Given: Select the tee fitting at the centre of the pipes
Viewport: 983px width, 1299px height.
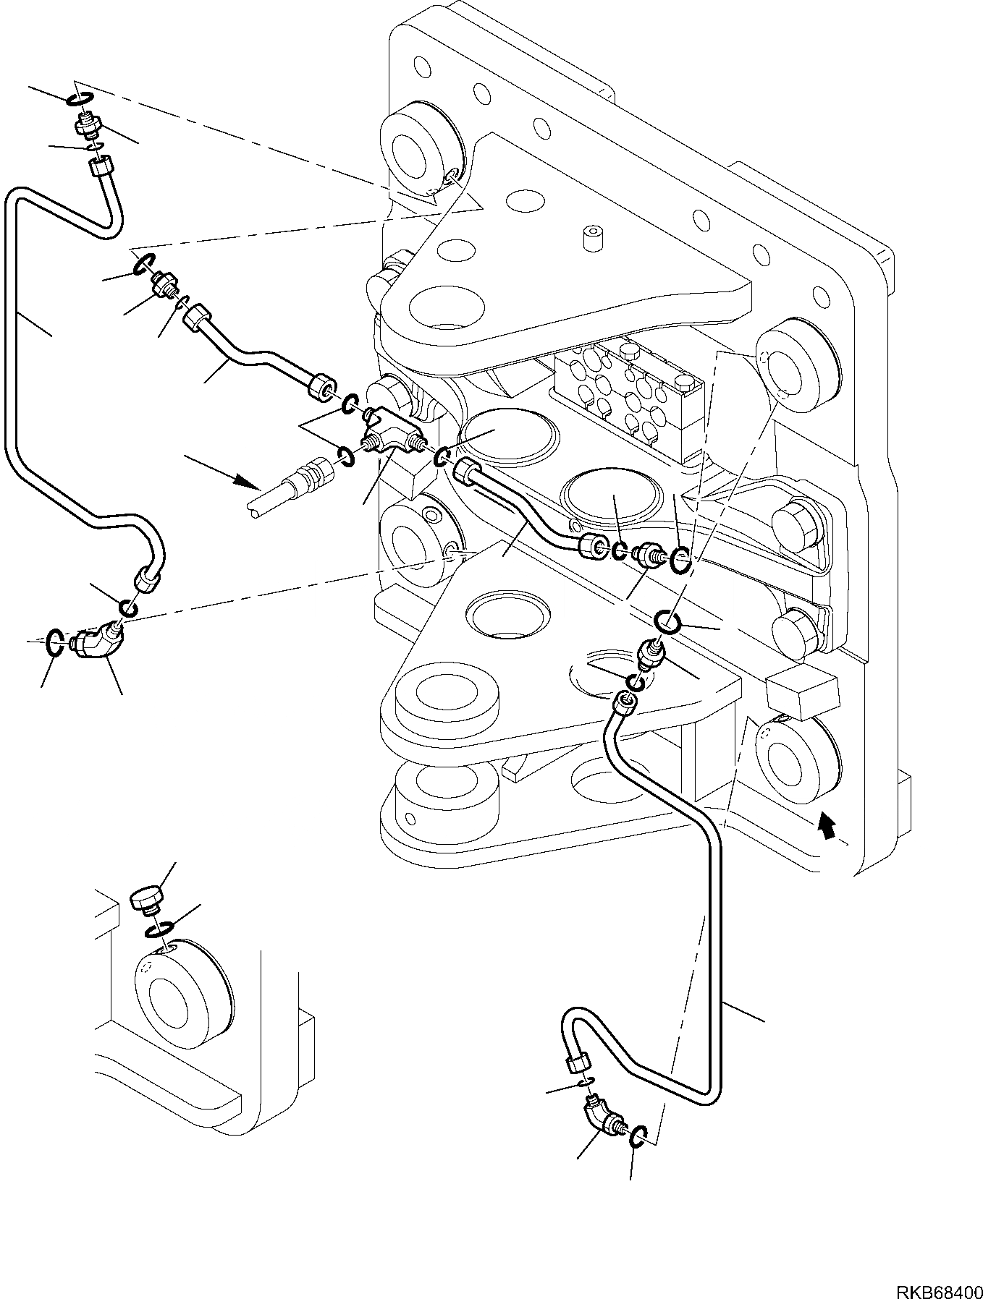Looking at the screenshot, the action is tap(392, 441).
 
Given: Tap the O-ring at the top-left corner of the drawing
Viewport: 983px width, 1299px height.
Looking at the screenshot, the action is tap(81, 100).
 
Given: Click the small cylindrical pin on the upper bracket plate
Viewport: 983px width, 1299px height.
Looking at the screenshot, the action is tap(592, 237).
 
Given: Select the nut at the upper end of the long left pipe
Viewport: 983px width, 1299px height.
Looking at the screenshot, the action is tap(99, 168).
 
